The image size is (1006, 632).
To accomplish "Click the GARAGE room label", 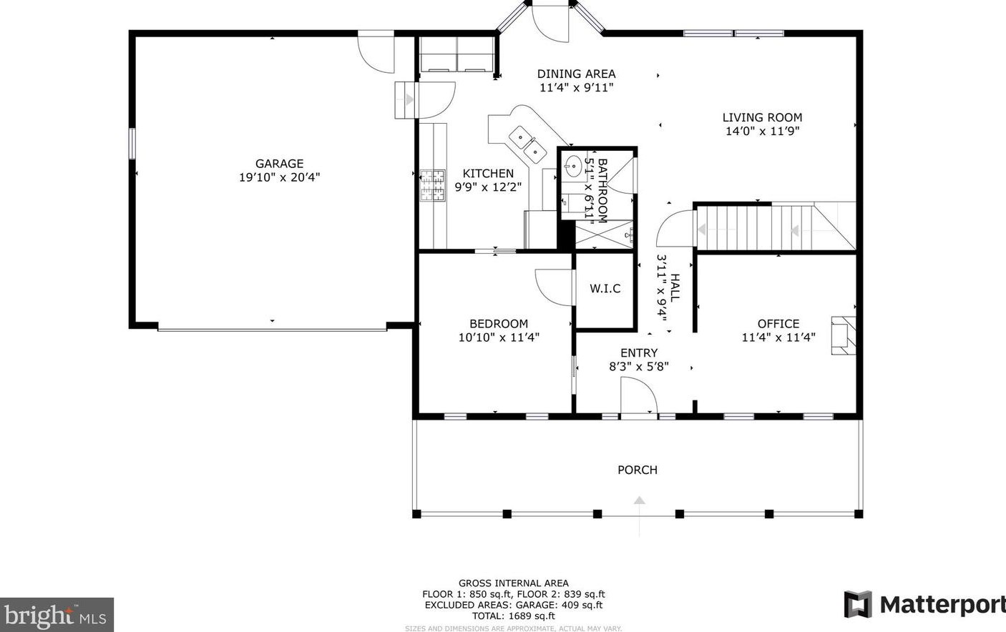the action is click(x=279, y=164).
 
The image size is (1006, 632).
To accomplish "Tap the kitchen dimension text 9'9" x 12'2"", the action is click(x=488, y=187).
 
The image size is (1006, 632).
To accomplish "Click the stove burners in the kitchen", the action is click(x=433, y=185).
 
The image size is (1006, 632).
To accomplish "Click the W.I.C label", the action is click(x=605, y=289).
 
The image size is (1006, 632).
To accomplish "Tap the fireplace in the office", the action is click(x=844, y=336).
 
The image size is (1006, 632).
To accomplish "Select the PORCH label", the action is click(x=638, y=470).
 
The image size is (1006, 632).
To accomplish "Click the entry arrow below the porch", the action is click(x=640, y=516).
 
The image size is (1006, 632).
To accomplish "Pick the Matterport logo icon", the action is click(x=858, y=604).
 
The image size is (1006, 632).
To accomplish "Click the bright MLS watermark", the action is click(x=57, y=615).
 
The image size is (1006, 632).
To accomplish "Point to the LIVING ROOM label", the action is click(x=762, y=117).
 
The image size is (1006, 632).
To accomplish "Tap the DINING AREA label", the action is click(x=576, y=74).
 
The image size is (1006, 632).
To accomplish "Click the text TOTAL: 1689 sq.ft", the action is click(x=513, y=616).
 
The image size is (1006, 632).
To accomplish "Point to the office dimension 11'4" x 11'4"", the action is click(x=778, y=337).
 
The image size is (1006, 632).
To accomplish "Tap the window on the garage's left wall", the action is click(x=132, y=143).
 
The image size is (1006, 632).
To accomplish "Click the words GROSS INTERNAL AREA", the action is click(x=513, y=583).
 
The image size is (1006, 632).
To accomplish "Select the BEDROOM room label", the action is click(x=499, y=324).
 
